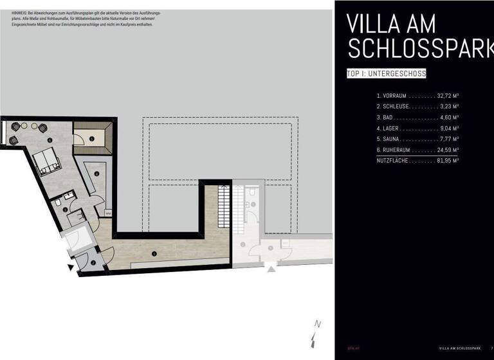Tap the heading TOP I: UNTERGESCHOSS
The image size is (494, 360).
coord(386,74)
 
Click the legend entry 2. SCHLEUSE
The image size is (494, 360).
coord(392,107)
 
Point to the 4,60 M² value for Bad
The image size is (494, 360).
coord(448,118)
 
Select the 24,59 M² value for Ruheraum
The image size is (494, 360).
coord(447,150)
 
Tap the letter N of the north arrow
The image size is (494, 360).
coord(317,324)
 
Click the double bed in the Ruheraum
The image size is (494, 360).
coord(48,162)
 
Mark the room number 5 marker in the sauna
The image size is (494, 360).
coord(92,138)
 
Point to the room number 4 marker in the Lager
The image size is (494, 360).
coord(96,173)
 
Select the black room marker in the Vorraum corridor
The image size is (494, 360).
coord(154,253)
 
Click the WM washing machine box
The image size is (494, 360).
coord(108,214)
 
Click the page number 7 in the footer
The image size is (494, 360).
coord(491,348)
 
